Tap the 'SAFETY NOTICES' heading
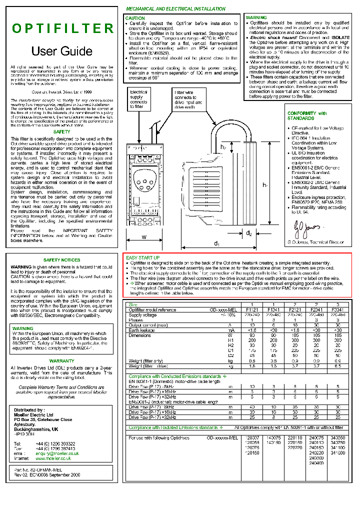point(61,260)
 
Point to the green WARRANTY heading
point(61,360)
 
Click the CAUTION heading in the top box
point(135,18)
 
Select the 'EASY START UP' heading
point(143,257)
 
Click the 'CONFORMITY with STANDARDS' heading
point(307,116)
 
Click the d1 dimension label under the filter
point(217,243)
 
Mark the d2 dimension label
point(249,233)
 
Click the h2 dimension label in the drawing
point(223,147)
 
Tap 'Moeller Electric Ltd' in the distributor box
point(33,415)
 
